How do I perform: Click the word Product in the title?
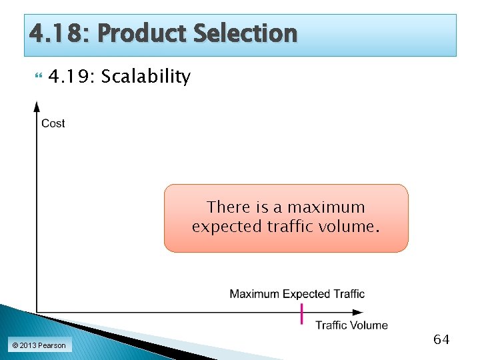[x=144, y=33]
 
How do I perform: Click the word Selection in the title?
[x=245, y=33]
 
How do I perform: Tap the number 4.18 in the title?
[x=54, y=33]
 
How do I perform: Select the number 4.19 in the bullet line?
[x=71, y=77]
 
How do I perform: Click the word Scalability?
[x=145, y=77]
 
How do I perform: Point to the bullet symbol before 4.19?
[x=37, y=77]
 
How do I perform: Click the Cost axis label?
[x=53, y=123]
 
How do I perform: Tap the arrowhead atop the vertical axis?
[x=37, y=106]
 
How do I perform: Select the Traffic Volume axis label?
[x=351, y=325]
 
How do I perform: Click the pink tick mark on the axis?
[x=302, y=313]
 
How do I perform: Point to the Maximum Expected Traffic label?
[x=297, y=294]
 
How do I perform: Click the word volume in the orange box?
[x=353, y=227]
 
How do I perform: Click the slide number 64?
[x=441, y=339]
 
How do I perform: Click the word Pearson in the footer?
[x=52, y=345]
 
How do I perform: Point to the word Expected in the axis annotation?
[x=306, y=294]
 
